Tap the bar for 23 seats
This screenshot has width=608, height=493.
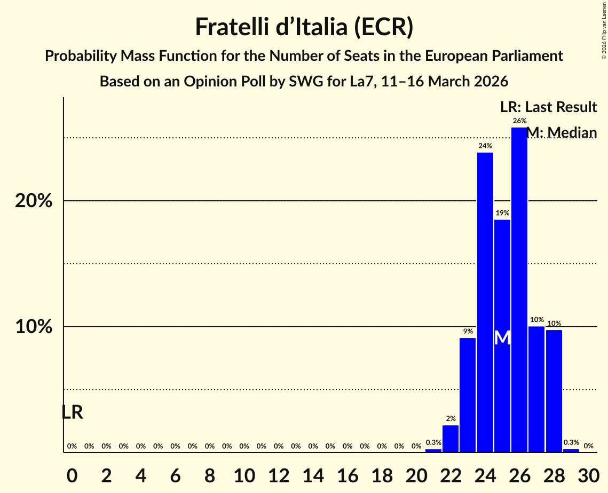[x=468, y=395]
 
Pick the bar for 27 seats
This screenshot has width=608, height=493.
[x=536, y=389]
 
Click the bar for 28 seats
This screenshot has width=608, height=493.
[x=554, y=391]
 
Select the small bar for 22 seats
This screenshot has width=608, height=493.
[x=451, y=438]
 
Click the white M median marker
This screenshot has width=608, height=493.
[x=502, y=338]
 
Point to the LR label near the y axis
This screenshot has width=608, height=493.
[x=72, y=412]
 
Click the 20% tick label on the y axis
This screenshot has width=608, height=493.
[x=34, y=201]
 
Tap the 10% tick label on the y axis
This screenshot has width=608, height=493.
[x=34, y=327]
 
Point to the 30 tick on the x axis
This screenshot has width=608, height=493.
[x=588, y=474]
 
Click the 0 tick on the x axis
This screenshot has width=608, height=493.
[x=72, y=474]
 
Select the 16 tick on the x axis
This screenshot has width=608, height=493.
[x=348, y=474]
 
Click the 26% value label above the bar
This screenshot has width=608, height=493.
[x=519, y=121]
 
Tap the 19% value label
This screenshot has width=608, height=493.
[x=502, y=213]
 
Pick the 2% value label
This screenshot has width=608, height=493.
[x=451, y=418]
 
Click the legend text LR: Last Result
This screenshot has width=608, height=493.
[x=548, y=107]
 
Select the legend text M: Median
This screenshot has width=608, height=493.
[x=562, y=132]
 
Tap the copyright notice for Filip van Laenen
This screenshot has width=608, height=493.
[x=604, y=30]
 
